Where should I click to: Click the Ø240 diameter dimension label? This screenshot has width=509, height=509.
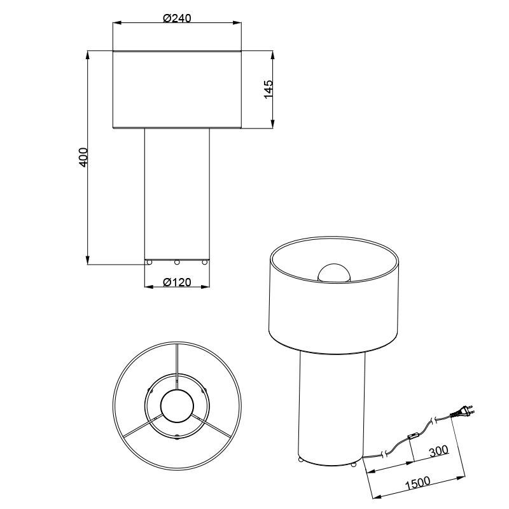pyautogui.click(x=177, y=18)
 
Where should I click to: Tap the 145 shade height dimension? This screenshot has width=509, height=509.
pyautogui.click(x=268, y=89)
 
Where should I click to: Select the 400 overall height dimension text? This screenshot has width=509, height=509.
pyautogui.click(x=83, y=157)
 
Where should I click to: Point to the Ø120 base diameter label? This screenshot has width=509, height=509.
pyautogui.click(x=177, y=282)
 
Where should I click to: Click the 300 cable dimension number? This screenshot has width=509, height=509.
pyautogui.click(x=438, y=451)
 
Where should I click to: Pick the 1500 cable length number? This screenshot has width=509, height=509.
pyautogui.click(x=417, y=483)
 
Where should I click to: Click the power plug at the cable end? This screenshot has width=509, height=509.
pyautogui.click(x=462, y=412)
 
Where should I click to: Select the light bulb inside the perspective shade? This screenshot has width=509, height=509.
pyautogui.click(x=334, y=273)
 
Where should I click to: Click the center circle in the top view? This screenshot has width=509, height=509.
pyautogui.click(x=177, y=406)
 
